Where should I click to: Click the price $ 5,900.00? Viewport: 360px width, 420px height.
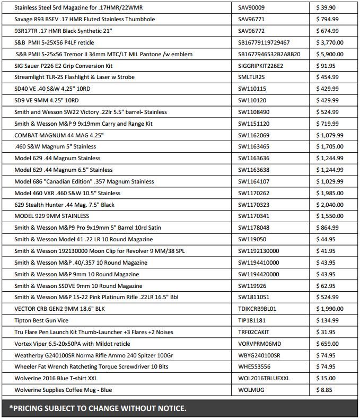point(329,54)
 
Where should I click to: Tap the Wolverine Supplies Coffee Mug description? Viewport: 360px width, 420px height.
point(63,390)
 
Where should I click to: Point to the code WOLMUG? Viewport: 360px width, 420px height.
point(252,390)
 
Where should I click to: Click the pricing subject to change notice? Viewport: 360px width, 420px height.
point(98,408)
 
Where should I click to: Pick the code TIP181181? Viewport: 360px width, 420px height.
point(252,320)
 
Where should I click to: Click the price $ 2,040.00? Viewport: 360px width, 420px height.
point(329,204)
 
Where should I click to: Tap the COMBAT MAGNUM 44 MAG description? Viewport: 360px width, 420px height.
point(59,135)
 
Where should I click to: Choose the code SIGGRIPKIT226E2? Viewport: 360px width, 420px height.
point(261,66)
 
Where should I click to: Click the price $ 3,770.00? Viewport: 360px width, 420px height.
point(329,42)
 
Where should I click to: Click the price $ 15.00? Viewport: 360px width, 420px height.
point(326,378)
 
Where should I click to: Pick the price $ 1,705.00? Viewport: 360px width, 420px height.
point(329,146)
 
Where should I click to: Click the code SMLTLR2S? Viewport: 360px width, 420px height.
point(252,77)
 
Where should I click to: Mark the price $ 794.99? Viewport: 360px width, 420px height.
point(327,20)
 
